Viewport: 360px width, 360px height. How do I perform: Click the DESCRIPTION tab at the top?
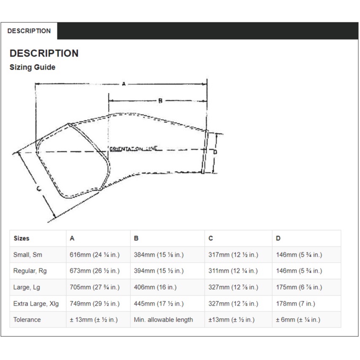click(x=29, y=31)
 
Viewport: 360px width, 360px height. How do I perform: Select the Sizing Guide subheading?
click(x=32, y=67)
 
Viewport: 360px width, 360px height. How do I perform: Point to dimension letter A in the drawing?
click(x=123, y=84)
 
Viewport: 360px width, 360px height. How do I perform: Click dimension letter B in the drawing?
click(x=160, y=101)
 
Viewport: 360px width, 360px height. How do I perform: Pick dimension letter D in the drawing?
click(x=215, y=152)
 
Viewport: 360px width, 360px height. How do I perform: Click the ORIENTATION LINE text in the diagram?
click(x=133, y=149)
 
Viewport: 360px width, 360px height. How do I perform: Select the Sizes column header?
click(x=22, y=238)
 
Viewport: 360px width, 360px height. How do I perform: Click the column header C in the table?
click(x=211, y=238)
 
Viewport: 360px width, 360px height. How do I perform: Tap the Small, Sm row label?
click(x=28, y=254)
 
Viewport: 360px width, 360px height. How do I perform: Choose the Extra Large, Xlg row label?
click(x=36, y=303)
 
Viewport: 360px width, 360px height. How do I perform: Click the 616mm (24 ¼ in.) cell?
click(x=95, y=254)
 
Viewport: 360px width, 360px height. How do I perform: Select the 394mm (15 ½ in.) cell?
click(x=159, y=271)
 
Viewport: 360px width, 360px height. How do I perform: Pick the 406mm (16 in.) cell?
click(x=155, y=287)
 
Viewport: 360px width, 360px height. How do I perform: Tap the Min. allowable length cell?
click(x=163, y=319)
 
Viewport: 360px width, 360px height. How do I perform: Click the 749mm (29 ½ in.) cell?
click(x=95, y=303)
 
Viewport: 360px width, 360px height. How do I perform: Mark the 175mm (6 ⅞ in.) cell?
click(x=299, y=287)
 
